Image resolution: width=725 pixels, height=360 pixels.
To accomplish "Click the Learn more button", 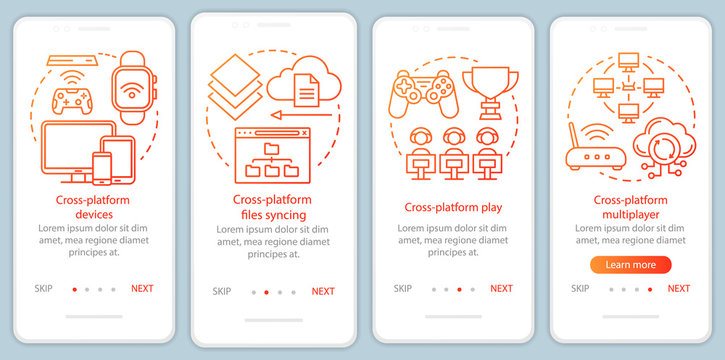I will pos(630,265).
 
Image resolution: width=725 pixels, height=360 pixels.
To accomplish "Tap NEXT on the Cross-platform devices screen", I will pos(142,288).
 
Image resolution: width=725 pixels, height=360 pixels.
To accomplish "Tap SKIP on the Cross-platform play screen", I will pos(402,288).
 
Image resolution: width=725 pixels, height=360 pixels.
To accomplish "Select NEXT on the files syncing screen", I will pos(323,292).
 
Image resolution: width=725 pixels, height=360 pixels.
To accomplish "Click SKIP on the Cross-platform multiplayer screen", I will pos(580,288).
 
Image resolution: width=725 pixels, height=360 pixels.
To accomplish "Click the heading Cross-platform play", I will pos(453,208).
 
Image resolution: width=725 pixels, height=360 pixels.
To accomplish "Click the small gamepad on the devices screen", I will pos(71,101).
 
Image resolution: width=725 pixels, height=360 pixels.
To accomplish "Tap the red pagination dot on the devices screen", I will pos(74,289).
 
